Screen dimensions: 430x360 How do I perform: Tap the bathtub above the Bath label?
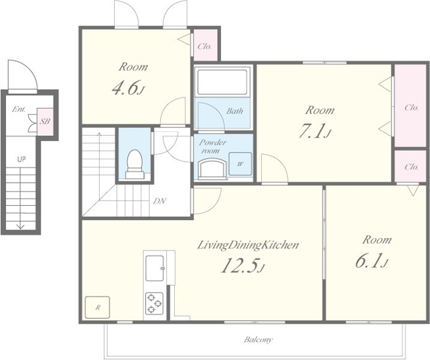point(222,82)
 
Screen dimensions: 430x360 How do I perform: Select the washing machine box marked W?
point(240,164)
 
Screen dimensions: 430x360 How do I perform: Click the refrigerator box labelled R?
point(98,307)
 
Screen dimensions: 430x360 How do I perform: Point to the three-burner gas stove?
point(154,303)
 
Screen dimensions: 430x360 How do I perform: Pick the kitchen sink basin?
point(155,268)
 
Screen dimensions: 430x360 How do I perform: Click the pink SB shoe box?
point(45,121)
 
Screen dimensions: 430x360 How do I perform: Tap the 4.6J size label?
point(128,88)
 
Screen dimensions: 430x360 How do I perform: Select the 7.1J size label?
point(315,131)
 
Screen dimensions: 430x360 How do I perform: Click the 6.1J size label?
point(372,260)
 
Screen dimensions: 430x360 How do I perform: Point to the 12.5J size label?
point(243,266)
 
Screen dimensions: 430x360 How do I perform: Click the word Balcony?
point(258,340)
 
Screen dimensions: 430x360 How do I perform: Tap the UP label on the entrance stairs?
point(21,159)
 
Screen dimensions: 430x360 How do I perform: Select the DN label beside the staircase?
point(160,201)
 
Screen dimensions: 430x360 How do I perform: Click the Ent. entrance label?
point(19,109)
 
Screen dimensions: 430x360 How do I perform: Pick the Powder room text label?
point(212,146)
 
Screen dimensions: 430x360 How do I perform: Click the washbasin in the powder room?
point(212,168)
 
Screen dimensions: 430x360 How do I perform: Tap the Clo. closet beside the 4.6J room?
point(206,45)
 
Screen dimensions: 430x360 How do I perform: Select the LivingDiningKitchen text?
point(248,245)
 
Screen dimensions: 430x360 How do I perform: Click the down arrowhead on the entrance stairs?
point(20,226)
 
